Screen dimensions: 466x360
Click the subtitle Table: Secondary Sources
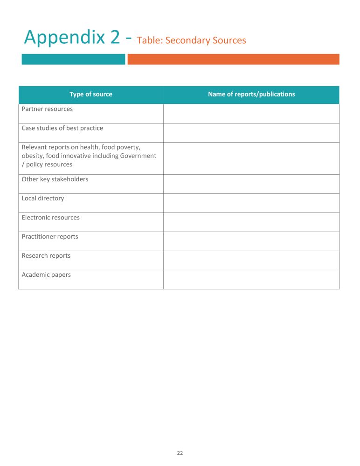[x=191, y=41]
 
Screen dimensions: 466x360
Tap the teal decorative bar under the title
[x=73, y=59]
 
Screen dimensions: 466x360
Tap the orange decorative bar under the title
[x=233, y=59]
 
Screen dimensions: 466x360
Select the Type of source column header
[x=91, y=94]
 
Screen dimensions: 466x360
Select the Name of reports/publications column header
[x=251, y=94]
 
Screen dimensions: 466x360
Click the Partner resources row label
[x=47, y=109]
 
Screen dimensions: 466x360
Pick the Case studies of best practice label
[x=62, y=128]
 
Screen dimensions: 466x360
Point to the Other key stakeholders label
[x=55, y=179]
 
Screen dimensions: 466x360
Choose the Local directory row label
[x=43, y=199]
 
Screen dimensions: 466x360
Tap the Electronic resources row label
[x=51, y=218]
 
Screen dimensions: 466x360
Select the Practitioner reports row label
[x=50, y=237]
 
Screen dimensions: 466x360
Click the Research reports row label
[x=46, y=256]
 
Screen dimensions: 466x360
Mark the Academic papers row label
[x=46, y=275]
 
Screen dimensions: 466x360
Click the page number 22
[x=180, y=453]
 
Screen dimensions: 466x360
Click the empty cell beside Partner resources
[x=251, y=114]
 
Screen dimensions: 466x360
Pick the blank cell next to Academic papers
[x=251, y=280]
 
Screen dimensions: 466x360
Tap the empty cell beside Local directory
[x=251, y=203]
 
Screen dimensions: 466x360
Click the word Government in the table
[x=138, y=156]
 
